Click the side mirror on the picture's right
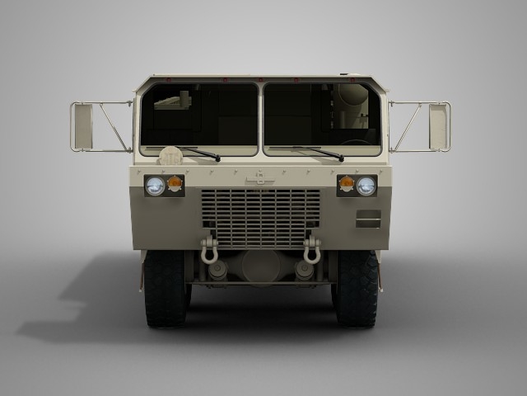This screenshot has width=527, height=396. (x=439, y=127)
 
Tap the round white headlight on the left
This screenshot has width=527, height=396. (x=154, y=186)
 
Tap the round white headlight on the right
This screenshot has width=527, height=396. (x=366, y=186)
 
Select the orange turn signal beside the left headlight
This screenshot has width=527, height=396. (x=175, y=183)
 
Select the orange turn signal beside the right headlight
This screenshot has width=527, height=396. (x=347, y=183)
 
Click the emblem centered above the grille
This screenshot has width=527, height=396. (x=260, y=177)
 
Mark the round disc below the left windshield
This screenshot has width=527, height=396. (x=170, y=155)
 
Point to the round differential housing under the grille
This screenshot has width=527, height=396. (x=260, y=266)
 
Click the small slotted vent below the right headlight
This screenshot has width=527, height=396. (x=368, y=219)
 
